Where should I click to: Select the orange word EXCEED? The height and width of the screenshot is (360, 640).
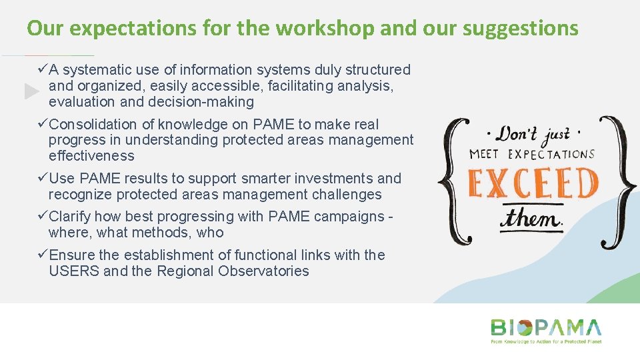[533, 184]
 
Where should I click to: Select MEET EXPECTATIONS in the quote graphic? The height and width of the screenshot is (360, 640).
[531, 155]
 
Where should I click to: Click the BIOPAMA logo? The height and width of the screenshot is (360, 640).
[546, 328]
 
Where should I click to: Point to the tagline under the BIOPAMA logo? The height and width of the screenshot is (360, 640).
[546, 341]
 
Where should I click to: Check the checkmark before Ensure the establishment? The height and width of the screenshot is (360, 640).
[43, 255]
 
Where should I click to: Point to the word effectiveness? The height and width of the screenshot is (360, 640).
[91, 156]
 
